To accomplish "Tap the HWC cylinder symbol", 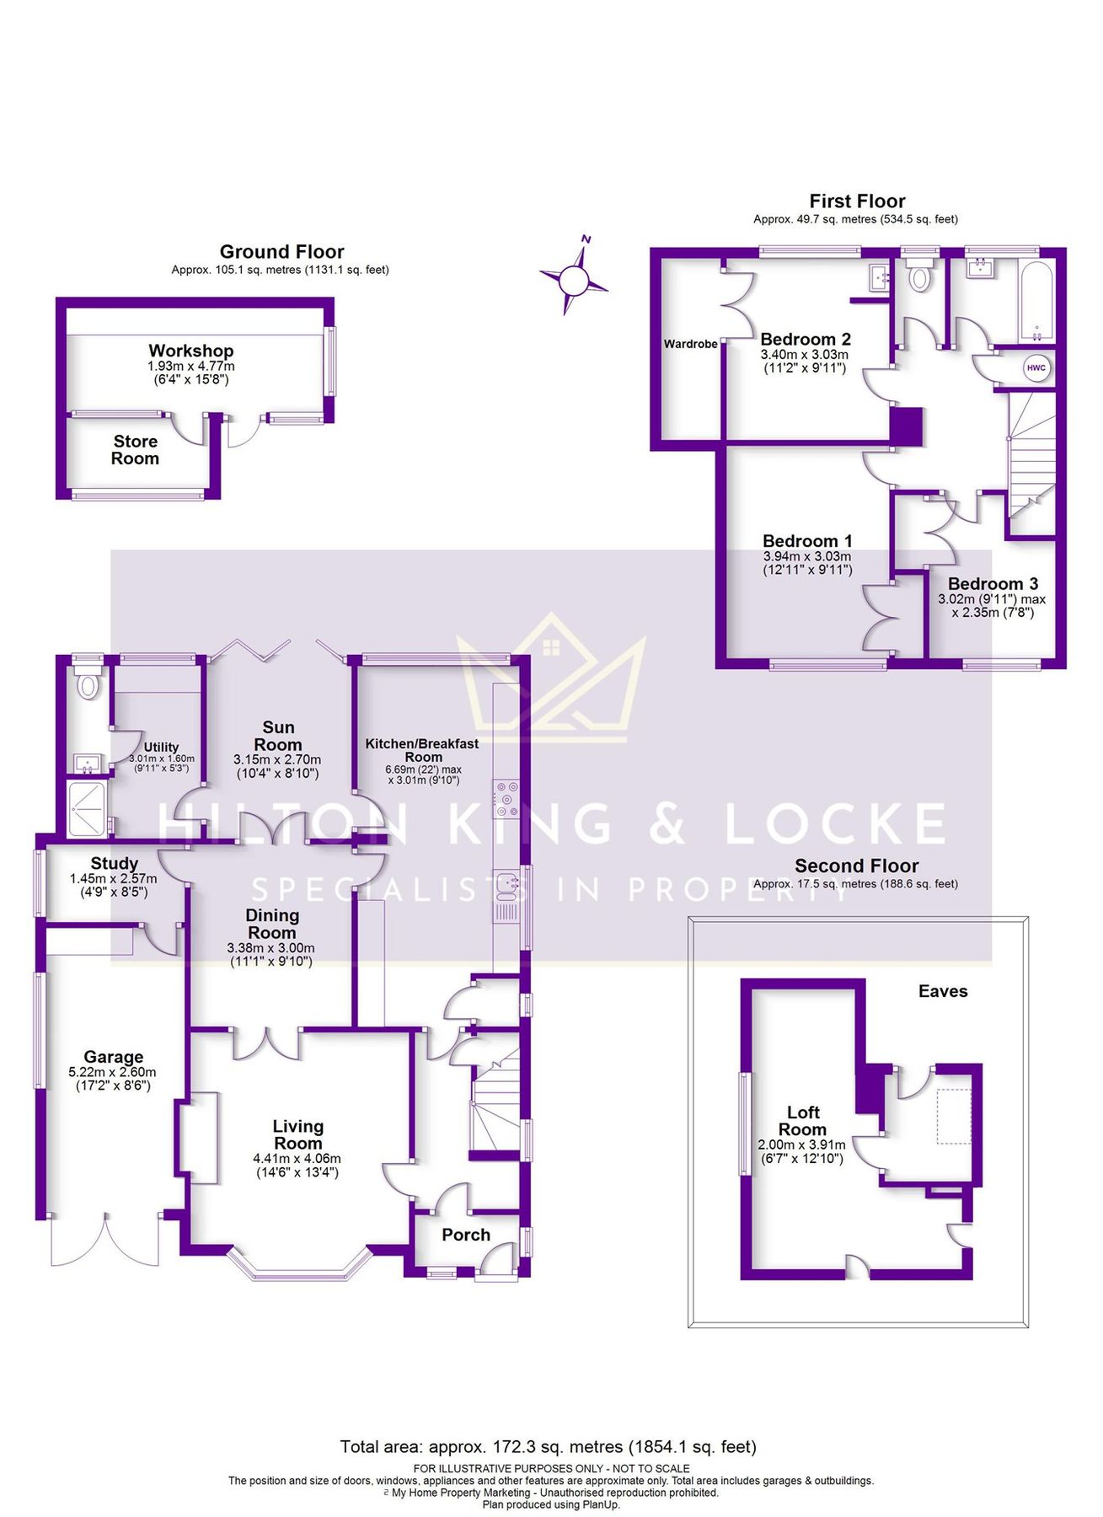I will coord(1036,368).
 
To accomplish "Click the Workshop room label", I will coord(191,351).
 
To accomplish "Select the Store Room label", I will coord(135,450).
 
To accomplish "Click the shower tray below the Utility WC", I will coord(87,809).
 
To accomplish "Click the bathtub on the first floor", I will coord(1036,300).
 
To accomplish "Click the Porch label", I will coord(466,1235).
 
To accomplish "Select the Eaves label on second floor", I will coord(943,991).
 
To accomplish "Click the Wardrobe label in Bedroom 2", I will coord(690,344).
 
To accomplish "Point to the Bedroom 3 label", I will coord(993,583).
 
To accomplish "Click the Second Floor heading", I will coord(856,866).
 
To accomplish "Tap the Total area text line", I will coord(548,1446).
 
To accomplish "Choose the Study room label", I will coord(115,863).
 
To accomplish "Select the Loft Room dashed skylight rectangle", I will coord(954,1116).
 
